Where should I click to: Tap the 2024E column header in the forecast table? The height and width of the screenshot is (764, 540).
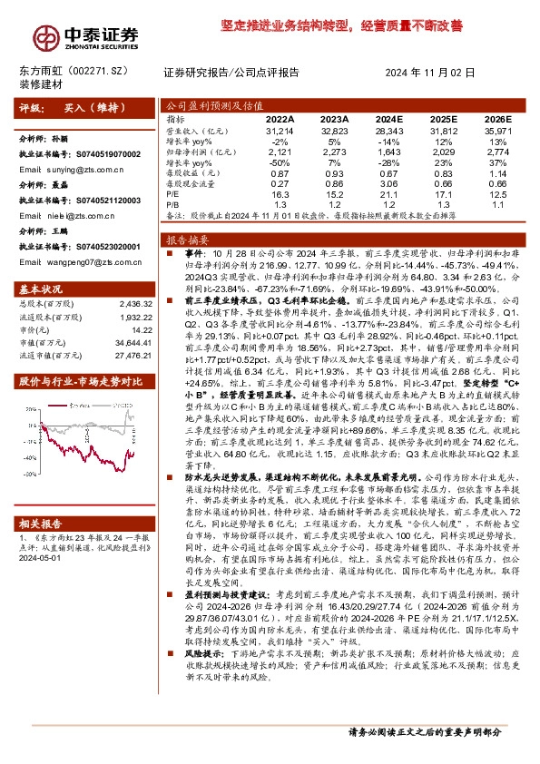click(x=388, y=119)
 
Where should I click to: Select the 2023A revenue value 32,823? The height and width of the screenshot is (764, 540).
click(x=335, y=131)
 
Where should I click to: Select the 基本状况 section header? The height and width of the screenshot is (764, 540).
click(x=37, y=289)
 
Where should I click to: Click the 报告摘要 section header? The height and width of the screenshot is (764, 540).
click(x=184, y=240)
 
